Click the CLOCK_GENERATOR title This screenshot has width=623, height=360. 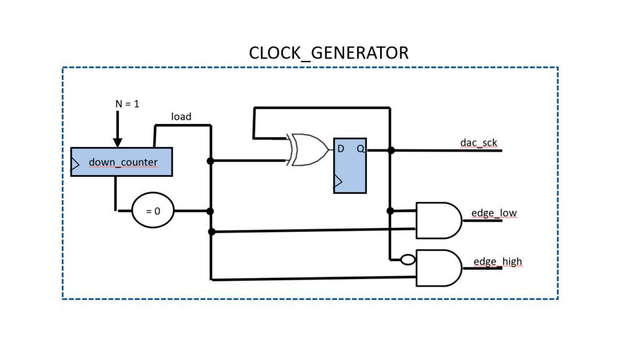click(328, 53)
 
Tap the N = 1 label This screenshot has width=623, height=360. click(127, 104)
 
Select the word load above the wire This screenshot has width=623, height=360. click(181, 116)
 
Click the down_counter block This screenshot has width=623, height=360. click(122, 162)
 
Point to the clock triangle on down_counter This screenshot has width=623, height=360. click(75, 165)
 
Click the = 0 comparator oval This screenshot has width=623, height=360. click(153, 211)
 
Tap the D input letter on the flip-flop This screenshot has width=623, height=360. click(341, 149)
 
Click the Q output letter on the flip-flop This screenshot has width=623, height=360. click(360, 149)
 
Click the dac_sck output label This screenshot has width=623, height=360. click(478, 143)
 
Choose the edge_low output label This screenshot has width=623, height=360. click(494, 213)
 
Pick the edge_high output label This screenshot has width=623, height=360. click(497, 261)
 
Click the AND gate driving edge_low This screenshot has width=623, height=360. click(438, 220)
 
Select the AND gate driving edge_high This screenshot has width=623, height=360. click(438, 268)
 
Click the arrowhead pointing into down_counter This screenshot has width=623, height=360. click(117, 142)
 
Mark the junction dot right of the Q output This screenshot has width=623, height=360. click(391, 150)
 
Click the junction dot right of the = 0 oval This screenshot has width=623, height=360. click(211, 211)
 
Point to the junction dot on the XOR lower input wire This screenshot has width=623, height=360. click(211, 161)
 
